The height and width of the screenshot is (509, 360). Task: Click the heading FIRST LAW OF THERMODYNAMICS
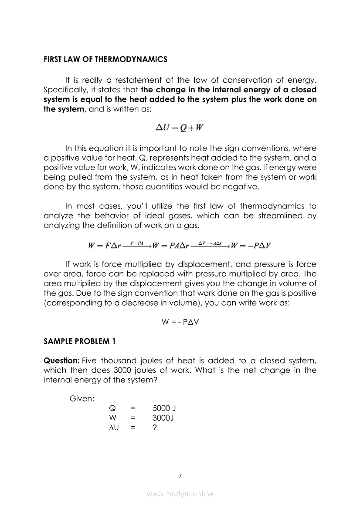pos(105,59)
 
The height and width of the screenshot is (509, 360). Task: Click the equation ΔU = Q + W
pos(180,128)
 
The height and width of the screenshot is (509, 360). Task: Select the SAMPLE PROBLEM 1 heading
pos(79,341)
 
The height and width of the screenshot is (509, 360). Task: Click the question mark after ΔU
pos(155,428)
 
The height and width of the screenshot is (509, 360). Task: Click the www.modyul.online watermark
pos(180,494)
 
